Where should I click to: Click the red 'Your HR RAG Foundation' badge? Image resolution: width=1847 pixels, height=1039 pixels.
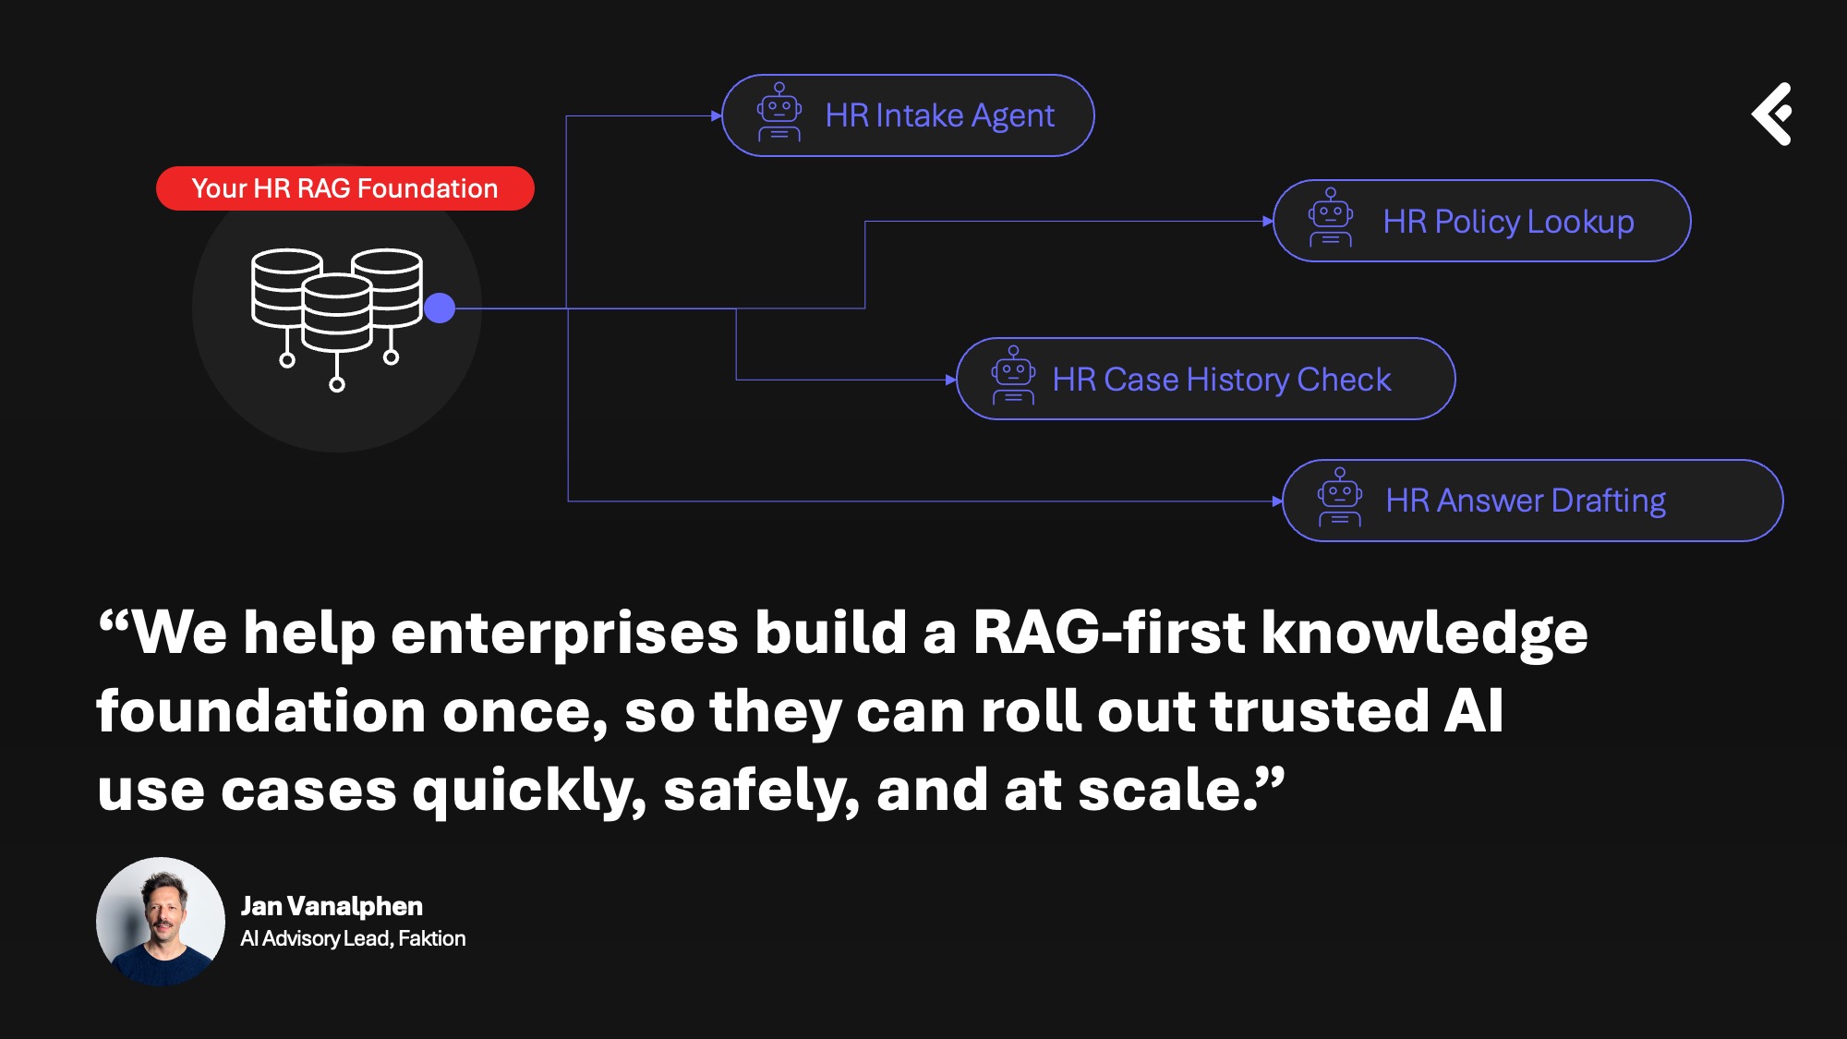tap(344, 188)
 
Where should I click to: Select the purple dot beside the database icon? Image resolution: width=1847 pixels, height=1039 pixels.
tap(440, 308)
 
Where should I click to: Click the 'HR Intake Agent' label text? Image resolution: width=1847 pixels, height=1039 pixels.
tap(939, 115)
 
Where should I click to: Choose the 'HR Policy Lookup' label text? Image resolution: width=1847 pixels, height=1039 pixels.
tap(1508, 222)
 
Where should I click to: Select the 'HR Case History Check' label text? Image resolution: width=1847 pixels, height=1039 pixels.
tap(1221, 380)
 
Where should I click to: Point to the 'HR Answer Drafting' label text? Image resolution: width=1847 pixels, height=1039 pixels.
tap(1526, 501)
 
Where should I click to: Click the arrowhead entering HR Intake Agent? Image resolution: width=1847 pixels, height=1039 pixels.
tap(717, 116)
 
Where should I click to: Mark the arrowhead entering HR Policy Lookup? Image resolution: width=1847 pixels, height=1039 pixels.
tap(1268, 222)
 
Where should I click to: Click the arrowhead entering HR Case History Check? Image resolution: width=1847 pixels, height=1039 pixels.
tap(951, 380)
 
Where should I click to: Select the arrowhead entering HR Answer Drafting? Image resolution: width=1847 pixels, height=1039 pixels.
tap(1277, 501)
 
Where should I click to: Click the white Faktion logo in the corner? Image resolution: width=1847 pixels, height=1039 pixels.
tap(1773, 114)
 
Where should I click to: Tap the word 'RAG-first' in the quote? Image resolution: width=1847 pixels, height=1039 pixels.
tap(1109, 634)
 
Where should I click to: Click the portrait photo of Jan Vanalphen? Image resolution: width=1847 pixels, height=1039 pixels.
tap(161, 922)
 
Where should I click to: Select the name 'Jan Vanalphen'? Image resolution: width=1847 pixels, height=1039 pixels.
tap(332, 906)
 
